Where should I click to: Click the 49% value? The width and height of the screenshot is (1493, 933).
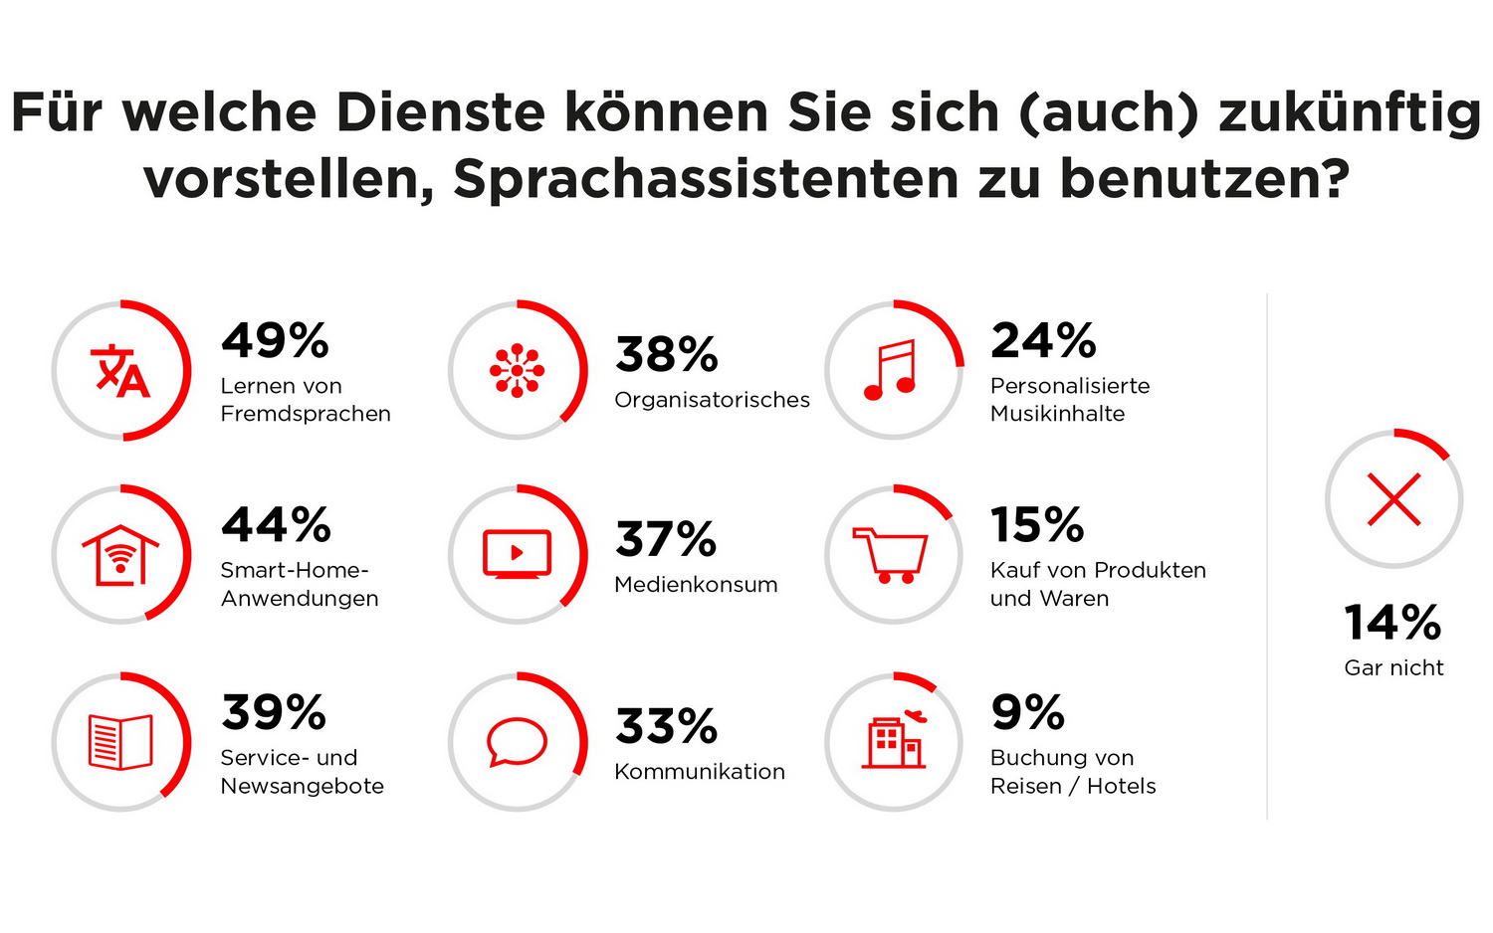tap(275, 341)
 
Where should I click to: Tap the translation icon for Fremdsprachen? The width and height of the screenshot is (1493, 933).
tap(120, 371)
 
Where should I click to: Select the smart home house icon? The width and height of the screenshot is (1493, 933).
tap(120, 555)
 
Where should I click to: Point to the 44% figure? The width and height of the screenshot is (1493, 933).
tap(276, 525)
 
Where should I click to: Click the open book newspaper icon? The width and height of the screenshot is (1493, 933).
tap(120, 742)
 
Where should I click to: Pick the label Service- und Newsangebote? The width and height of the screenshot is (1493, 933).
tap(302, 772)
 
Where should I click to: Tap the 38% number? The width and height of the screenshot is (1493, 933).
tap(666, 355)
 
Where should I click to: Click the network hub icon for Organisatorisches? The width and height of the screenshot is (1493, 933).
tap(517, 371)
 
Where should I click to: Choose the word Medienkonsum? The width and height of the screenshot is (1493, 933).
tap(696, 585)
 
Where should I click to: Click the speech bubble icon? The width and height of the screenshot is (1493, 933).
tap(517, 742)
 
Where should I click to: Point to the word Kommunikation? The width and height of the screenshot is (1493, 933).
tap(700, 772)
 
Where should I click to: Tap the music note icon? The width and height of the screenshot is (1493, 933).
tap(891, 370)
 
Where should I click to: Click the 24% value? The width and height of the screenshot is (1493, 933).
tap(1043, 341)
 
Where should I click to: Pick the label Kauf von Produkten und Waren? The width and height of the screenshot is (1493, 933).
tap(1098, 585)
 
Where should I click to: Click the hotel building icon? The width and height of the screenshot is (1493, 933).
tap(893, 742)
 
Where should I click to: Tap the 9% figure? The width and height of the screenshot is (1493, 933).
tap(1027, 712)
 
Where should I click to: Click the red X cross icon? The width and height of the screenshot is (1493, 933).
tap(1393, 499)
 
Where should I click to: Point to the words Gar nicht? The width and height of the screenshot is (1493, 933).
tap(1393, 668)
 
